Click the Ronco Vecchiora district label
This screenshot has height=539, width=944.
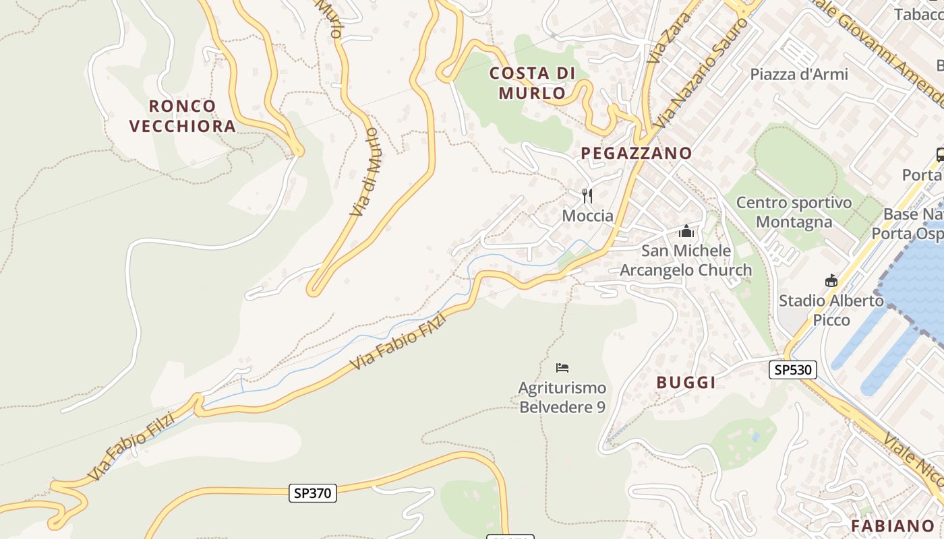tap(182, 116)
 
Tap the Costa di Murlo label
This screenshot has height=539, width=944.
tap(533, 83)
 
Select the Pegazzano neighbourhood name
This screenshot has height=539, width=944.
tap(637, 153)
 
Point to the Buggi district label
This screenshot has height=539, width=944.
tap(686, 383)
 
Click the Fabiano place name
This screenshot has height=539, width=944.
tap(892, 526)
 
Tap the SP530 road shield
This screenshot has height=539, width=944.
tap(793, 370)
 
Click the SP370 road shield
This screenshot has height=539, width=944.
tap(313, 493)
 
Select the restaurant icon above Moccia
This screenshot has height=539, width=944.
tap(587, 196)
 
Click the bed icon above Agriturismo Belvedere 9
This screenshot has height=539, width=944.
tap(562, 368)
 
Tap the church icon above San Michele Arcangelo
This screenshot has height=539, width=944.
tap(686, 232)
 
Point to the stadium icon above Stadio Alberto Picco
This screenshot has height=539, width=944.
tap(831, 281)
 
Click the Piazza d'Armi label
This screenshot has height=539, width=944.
tap(799, 74)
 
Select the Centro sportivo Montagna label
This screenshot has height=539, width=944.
tap(794, 212)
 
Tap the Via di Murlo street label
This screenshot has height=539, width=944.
tap(365, 172)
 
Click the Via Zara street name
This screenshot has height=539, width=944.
tap(664, 38)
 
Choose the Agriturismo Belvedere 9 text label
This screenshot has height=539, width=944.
tap(562, 398)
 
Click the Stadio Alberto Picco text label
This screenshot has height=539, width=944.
tap(831, 310)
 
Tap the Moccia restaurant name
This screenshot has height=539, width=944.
tap(588, 216)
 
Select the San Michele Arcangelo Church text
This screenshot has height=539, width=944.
tap(686, 260)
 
